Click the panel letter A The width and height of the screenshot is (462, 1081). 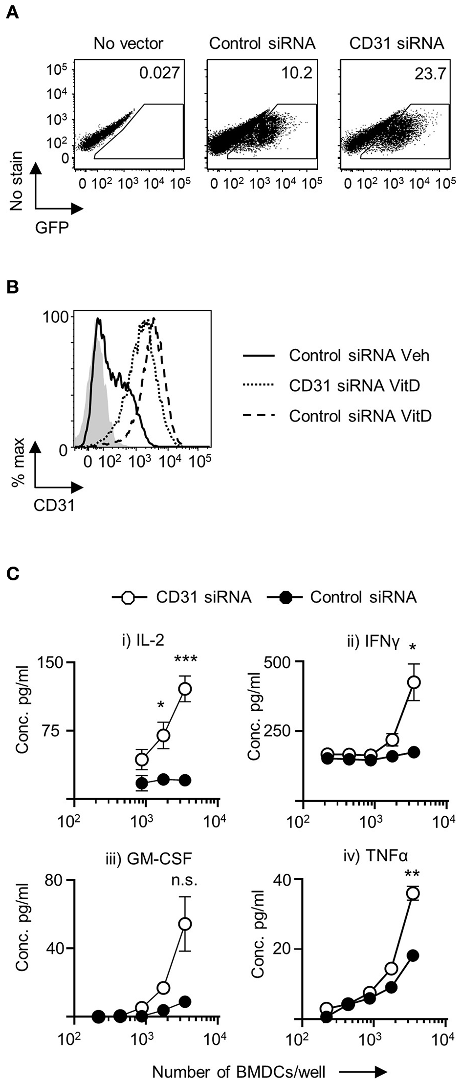pyautogui.click(x=13, y=11)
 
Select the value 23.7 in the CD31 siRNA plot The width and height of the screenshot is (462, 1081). pyautogui.click(x=430, y=74)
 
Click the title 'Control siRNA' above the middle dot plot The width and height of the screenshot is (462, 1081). pyautogui.click(x=262, y=43)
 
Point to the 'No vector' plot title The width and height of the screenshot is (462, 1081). pyautogui.click(x=129, y=43)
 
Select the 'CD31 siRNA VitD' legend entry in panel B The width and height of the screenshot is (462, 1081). pyautogui.click(x=354, y=386)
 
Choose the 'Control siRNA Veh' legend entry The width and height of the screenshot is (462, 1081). pyautogui.click(x=359, y=355)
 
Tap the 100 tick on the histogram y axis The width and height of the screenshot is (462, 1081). pyautogui.click(x=55, y=317)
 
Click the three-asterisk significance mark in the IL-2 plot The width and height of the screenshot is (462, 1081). pyautogui.click(x=186, y=660)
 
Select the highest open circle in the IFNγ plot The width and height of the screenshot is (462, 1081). pyautogui.click(x=414, y=682)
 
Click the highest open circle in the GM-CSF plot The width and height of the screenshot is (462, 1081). pyautogui.click(x=185, y=924)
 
